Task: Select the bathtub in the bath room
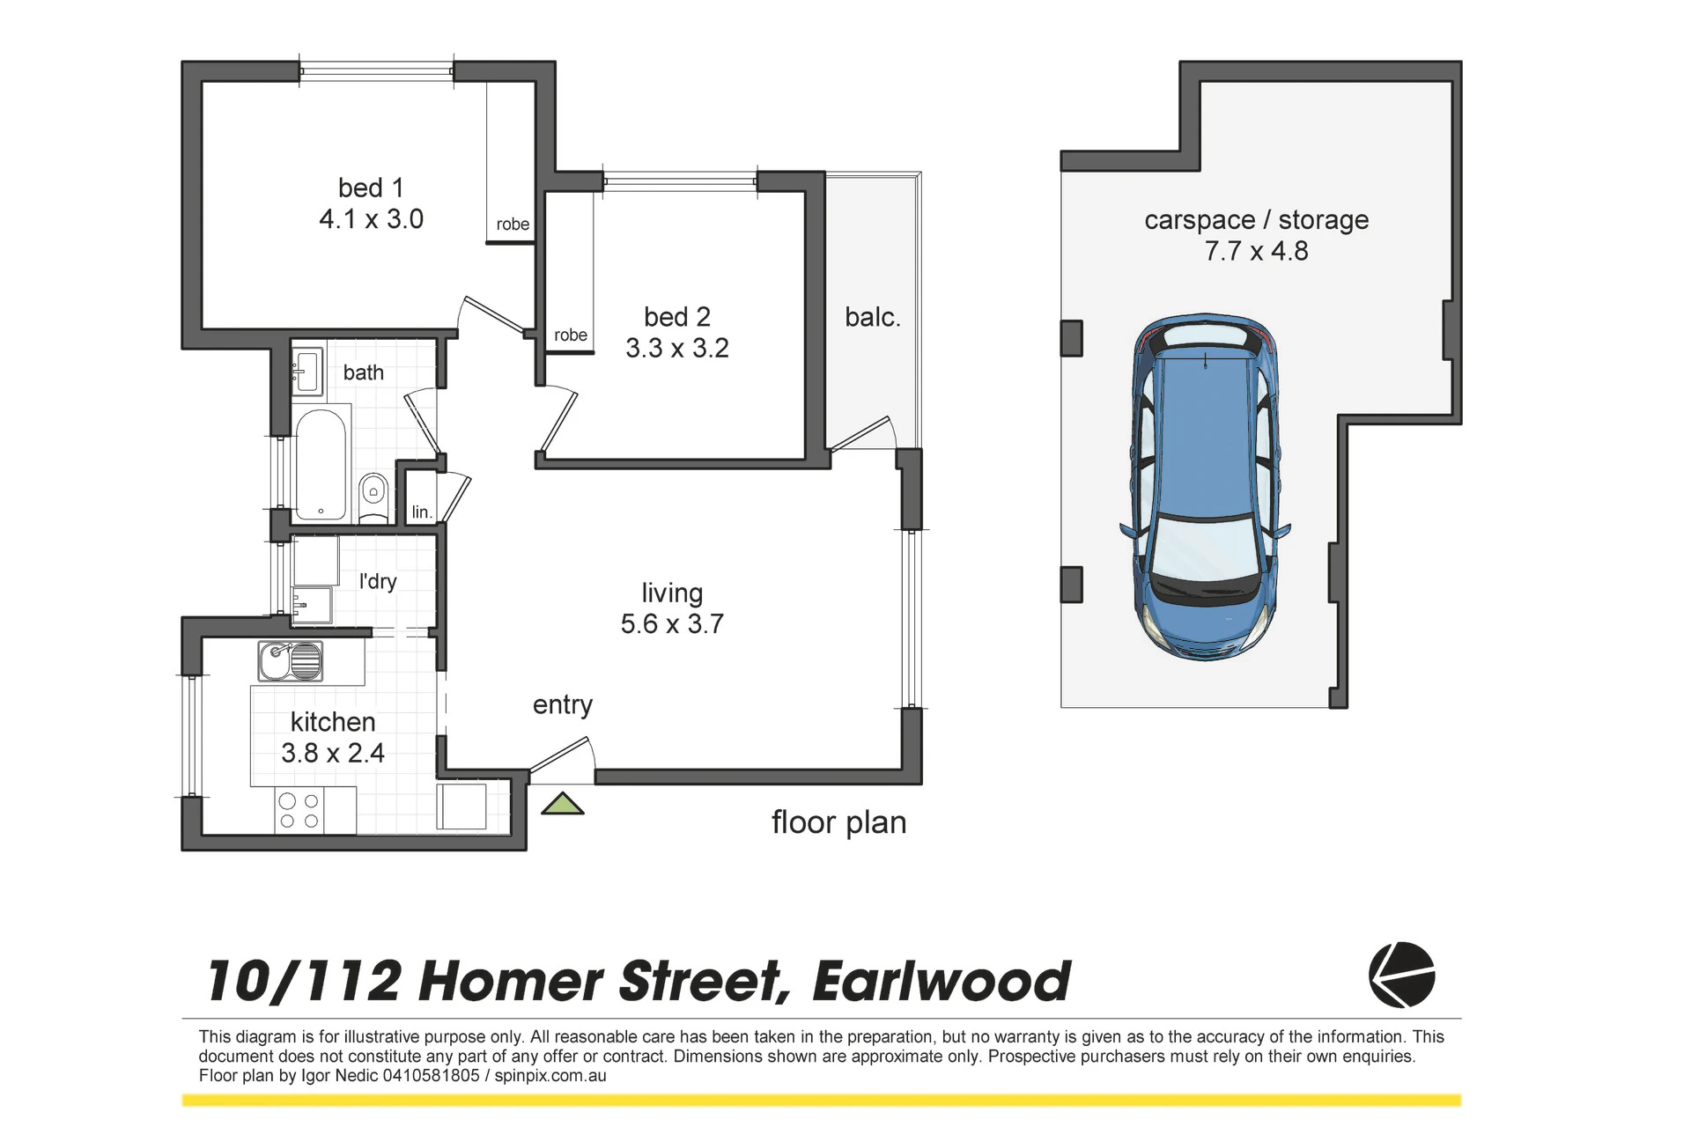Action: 321,465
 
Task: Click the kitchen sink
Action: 290,660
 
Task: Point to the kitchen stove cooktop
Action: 299,810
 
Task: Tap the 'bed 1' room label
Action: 371,188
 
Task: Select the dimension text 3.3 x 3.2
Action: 677,348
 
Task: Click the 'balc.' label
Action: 873,317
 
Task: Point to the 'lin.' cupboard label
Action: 422,512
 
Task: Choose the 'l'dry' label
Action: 378,581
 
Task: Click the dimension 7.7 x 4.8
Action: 1257,251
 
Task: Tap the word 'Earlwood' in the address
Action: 941,981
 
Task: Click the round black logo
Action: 1401,975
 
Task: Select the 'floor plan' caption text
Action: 838,822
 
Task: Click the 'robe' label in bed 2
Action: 571,335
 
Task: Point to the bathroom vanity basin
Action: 306,369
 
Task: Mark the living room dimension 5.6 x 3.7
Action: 672,623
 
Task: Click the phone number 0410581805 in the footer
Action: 432,1075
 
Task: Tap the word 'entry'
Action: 563,705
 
